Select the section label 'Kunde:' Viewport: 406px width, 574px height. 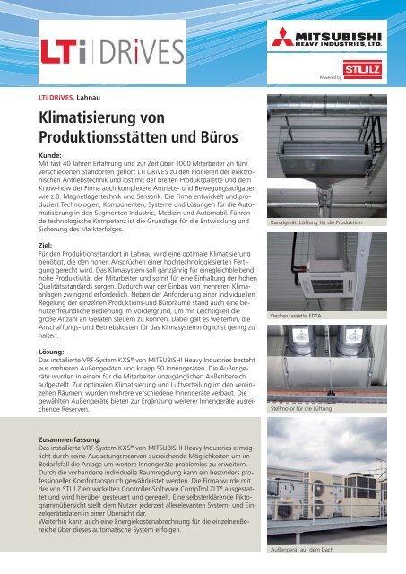pos(50,155)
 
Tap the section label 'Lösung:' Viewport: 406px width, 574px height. pos(53,341)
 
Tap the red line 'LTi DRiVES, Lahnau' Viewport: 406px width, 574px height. pos(67,92)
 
